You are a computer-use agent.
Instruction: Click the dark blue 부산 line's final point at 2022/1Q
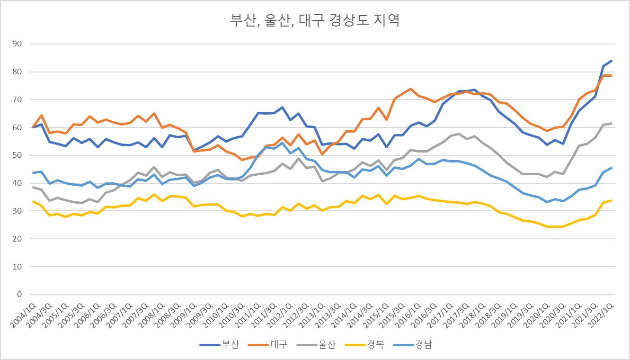[611, 61]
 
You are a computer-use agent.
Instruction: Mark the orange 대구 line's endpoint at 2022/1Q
[611, 75]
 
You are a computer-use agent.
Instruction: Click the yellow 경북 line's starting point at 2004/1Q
[33, 201]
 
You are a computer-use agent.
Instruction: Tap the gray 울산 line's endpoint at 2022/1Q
[611, 123]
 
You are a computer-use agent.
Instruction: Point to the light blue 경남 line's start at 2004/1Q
[33, 172]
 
